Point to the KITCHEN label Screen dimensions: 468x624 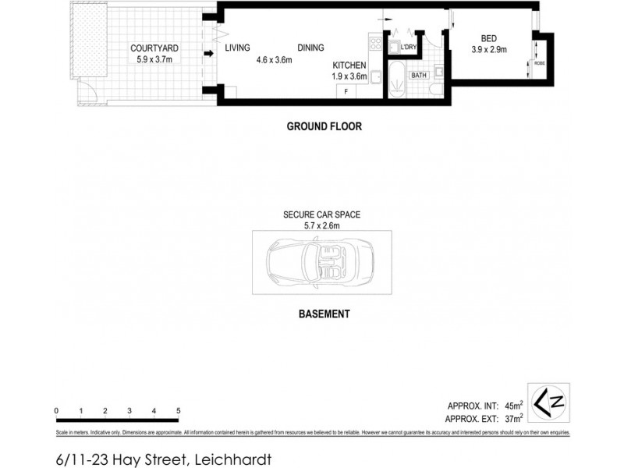[349, 66]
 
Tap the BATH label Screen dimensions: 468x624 [419, 76]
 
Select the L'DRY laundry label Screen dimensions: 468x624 [408, 48]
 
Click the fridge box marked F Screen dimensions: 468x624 [345, 91]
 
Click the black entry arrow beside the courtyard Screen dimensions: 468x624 [209, 54]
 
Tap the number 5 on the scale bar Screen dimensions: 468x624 [179, 410]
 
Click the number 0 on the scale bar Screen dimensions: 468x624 [56, 410]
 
